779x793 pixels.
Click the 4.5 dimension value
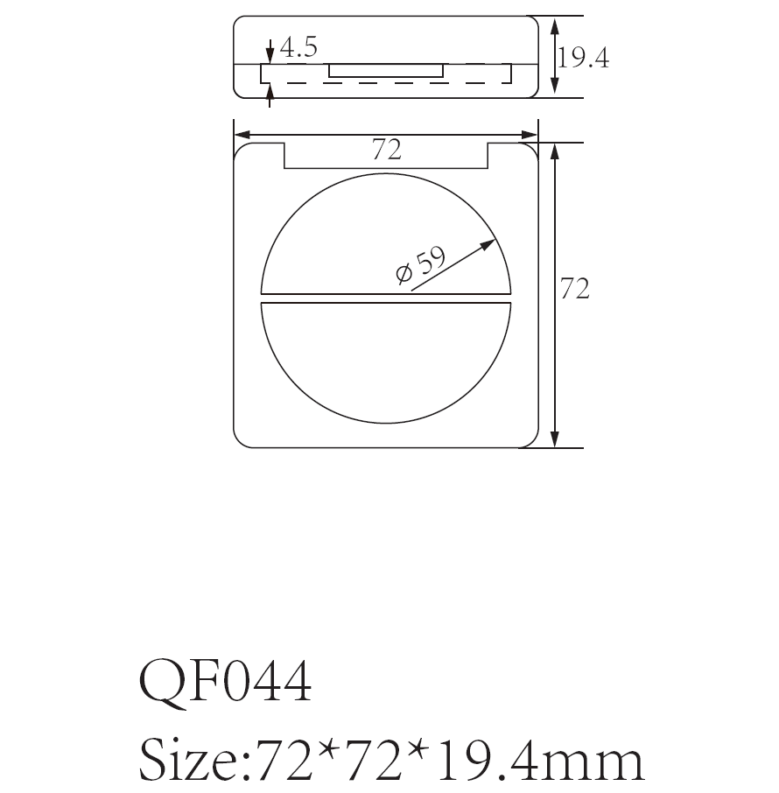pos(298,48)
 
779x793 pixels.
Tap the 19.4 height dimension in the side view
pos(583,58)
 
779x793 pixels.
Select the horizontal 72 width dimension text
pos(386,151)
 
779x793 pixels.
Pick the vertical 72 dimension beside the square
pos(575,289)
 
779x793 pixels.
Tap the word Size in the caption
pos(188,761)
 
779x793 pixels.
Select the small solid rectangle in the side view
pos(386,70)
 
